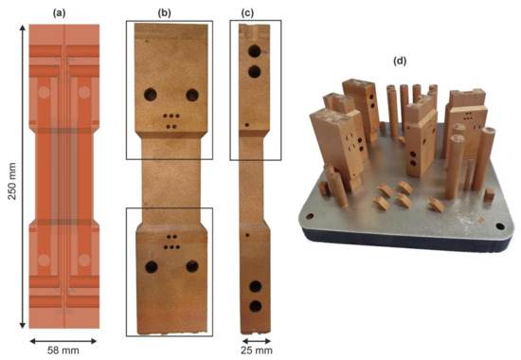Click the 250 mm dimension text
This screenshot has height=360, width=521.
pos(12,176)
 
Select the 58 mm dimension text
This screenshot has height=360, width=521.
pos(63,351)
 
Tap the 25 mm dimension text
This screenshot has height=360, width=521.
pos(251,351)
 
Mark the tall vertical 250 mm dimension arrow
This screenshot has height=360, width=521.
pos(24,176)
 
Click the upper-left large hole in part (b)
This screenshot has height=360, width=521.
pos(150,95)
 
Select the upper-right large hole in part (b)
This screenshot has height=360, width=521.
pos(192,95)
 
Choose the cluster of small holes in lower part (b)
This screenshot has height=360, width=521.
pos(171,242)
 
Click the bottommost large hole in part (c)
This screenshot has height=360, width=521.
pos(254,306)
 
